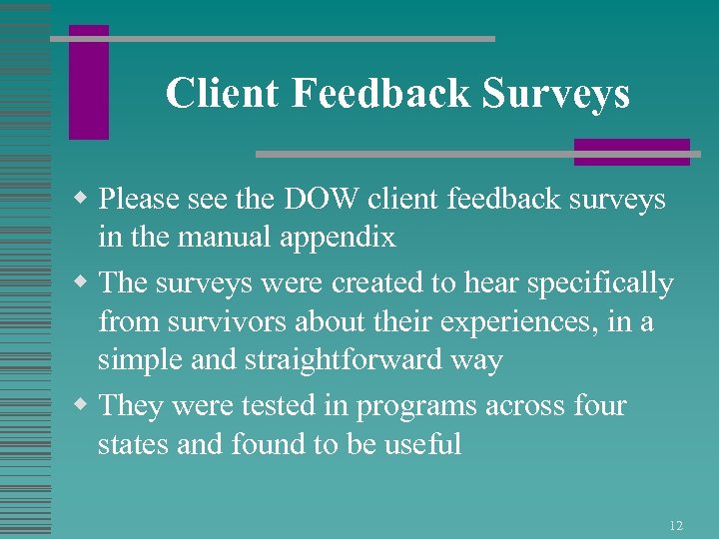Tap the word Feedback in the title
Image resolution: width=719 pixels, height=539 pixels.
[x=382, y=94]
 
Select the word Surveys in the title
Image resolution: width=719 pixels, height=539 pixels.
[x=556, y=94]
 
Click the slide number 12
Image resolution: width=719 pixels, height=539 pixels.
[x=676, y=525]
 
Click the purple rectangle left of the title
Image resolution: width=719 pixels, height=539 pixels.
[x=89, y=82]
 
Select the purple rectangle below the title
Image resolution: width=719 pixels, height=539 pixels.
[x=631, y=152]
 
